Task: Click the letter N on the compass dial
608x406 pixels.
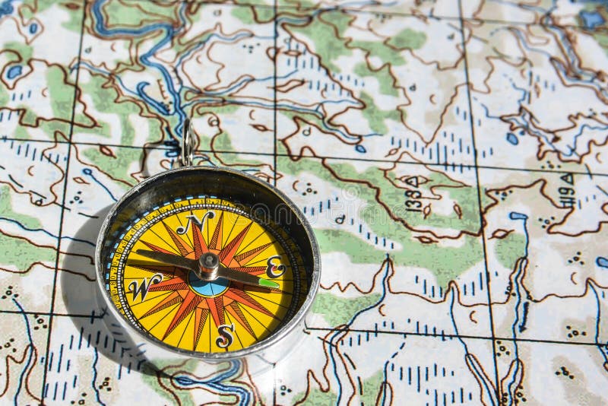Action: (x=195, y=222)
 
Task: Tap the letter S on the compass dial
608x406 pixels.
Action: (x=224, y=335)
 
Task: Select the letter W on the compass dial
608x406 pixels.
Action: (x=143, y=287)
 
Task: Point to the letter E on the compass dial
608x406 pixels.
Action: (x=275, y=267)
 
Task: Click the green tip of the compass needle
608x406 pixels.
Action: (x=268, y=284)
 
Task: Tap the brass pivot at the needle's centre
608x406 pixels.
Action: (x=208, y=265)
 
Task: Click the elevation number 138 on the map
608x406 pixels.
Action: (x=411, y=196)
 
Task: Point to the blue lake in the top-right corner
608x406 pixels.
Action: (x=591, y=18)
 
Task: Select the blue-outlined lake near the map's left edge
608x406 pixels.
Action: (x=14, y=72)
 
